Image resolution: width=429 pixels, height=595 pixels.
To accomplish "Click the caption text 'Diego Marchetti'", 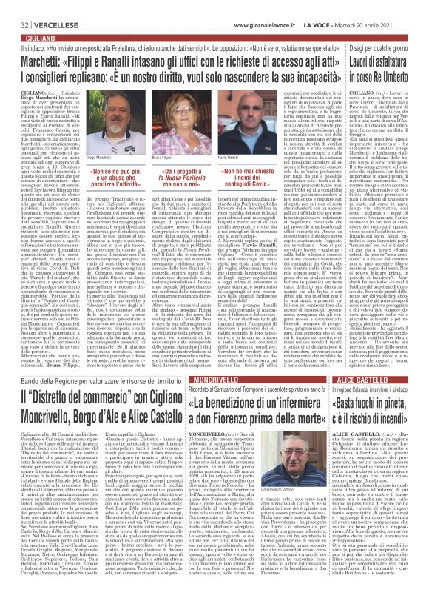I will click(x=87, y=158).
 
